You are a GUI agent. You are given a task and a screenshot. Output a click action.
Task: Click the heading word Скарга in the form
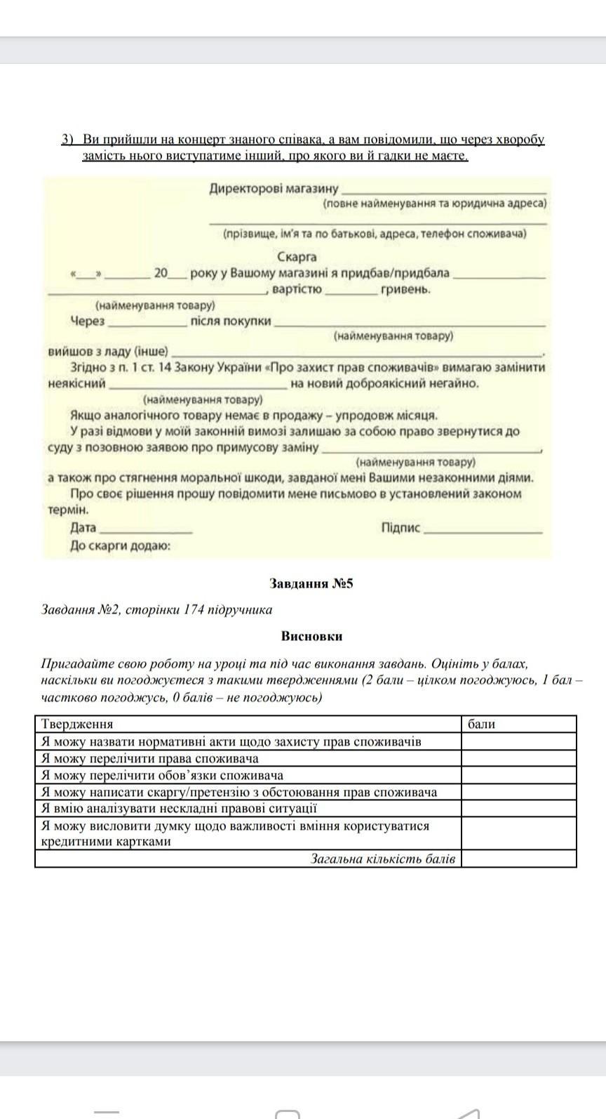[297, 257]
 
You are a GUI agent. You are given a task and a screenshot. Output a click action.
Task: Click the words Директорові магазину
[274, 188]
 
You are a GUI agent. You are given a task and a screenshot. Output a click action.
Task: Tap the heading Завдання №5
[311, 583]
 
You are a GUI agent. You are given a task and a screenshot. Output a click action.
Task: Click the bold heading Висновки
[311, 636]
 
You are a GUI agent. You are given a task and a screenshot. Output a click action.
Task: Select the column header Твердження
[77, 724]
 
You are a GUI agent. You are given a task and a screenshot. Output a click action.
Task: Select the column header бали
[481, 724]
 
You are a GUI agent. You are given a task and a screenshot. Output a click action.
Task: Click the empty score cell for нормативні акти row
[518, 741]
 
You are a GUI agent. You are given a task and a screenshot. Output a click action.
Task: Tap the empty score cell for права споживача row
[518, 758]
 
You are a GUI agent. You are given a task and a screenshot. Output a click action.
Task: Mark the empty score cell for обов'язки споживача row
[518, 775]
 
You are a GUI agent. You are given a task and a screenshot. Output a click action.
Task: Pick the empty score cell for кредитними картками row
[518, 833]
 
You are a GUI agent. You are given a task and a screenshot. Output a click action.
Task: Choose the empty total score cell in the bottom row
[518, 859]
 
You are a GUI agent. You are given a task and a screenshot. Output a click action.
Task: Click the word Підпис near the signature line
[400, 528]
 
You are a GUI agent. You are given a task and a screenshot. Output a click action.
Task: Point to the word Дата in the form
[83, 528]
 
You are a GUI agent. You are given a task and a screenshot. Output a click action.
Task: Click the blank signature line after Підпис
[483, 531]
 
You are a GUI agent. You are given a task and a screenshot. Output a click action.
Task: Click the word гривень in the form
[405, 289]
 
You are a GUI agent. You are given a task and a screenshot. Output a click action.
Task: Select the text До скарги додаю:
[120, 545]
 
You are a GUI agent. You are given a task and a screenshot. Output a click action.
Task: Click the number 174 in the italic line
[194, 609]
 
